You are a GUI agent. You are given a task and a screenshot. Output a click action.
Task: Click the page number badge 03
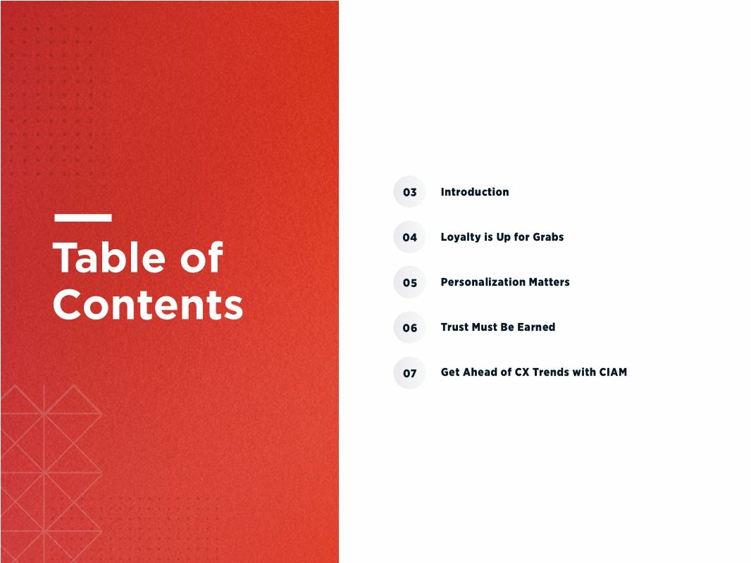coord(409,192)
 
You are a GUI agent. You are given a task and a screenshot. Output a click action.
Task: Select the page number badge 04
coord(409,237)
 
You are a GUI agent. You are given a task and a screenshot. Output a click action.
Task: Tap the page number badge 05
coord(409,283)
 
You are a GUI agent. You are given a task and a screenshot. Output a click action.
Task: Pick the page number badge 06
coord(409,328)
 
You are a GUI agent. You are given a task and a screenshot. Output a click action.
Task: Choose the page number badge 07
coord(409,373)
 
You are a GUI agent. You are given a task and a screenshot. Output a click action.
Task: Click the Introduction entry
coord(474,192)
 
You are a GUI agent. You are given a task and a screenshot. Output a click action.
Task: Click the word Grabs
coord(548,237)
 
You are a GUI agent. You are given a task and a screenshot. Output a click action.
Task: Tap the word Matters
coord(550,282)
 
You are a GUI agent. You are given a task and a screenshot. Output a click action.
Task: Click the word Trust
coord(454,327)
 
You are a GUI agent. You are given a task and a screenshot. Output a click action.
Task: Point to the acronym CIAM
coord(612,372)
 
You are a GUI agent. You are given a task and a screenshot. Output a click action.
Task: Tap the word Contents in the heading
coord(148,305)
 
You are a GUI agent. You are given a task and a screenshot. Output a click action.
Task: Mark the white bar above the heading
coord(82,218)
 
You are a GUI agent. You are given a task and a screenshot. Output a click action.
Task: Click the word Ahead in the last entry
coord(481,372)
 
